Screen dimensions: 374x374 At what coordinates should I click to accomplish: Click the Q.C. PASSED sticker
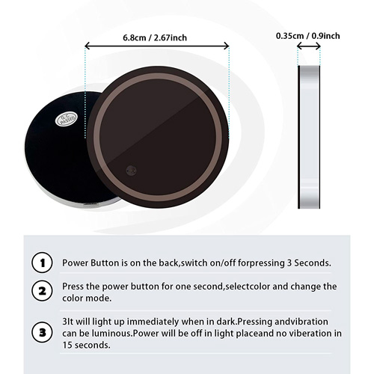[67, 119]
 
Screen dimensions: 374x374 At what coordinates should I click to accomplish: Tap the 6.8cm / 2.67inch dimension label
[155, 38]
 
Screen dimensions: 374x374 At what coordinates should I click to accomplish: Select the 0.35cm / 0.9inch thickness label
[308, 36]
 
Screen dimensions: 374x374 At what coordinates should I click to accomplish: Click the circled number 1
[42, 263]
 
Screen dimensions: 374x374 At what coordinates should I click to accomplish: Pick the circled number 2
[42, 291]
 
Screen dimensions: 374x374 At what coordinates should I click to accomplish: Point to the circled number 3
[42, 332]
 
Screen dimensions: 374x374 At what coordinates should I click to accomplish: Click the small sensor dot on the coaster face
[131, 171]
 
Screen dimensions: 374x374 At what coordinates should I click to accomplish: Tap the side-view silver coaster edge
[309, 137]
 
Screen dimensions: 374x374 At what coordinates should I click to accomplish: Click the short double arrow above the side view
[309, 46]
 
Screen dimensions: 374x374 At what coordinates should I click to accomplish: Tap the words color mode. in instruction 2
[87, 298]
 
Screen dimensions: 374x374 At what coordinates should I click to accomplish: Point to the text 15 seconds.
[86, 345]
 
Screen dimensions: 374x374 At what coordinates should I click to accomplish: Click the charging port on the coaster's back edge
[91, 204]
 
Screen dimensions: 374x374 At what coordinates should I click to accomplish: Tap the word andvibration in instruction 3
[301, 322]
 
